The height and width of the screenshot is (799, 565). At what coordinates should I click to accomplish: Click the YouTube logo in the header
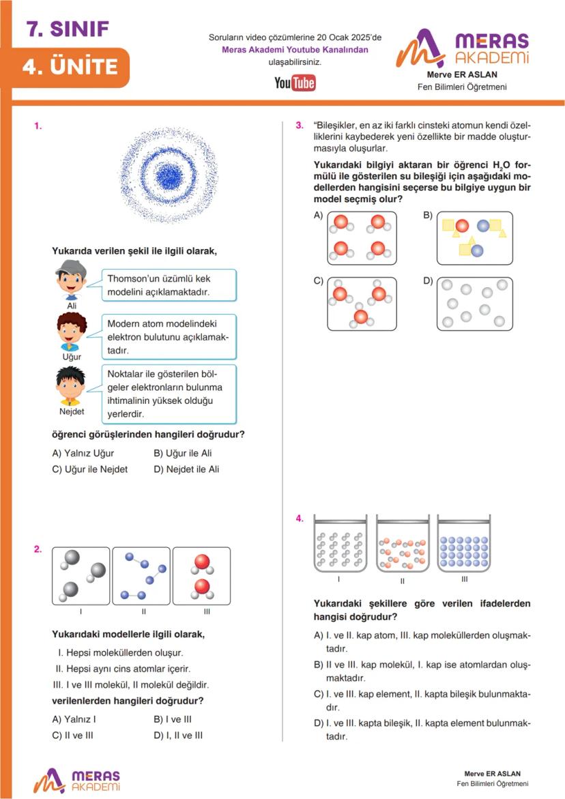pos(295,83)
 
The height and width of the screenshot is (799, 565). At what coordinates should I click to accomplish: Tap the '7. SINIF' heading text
pos(68,29)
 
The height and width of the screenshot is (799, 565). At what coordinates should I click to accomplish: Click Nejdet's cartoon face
pos(71,386)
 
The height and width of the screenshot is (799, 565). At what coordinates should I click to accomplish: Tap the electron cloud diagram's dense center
pos(168,177)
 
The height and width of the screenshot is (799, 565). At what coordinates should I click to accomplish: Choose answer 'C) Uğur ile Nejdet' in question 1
pos(89,469)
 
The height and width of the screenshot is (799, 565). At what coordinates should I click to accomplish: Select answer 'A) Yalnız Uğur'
pos(83,453)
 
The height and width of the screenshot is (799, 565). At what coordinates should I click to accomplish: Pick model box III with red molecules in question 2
pos(201,576)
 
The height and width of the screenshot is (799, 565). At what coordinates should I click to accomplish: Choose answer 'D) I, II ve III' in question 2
pos(178,735)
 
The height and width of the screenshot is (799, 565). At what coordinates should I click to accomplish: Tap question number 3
pos(299,126)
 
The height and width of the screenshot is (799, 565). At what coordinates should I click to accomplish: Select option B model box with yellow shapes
pos(474,237)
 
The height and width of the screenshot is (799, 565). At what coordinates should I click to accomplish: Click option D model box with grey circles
pos(474,304)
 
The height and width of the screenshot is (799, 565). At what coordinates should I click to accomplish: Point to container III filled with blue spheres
pos(464,550)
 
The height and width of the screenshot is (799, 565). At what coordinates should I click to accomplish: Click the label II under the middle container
pos(402,581)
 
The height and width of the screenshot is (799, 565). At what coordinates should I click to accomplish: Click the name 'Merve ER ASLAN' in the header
pos(461,74)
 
